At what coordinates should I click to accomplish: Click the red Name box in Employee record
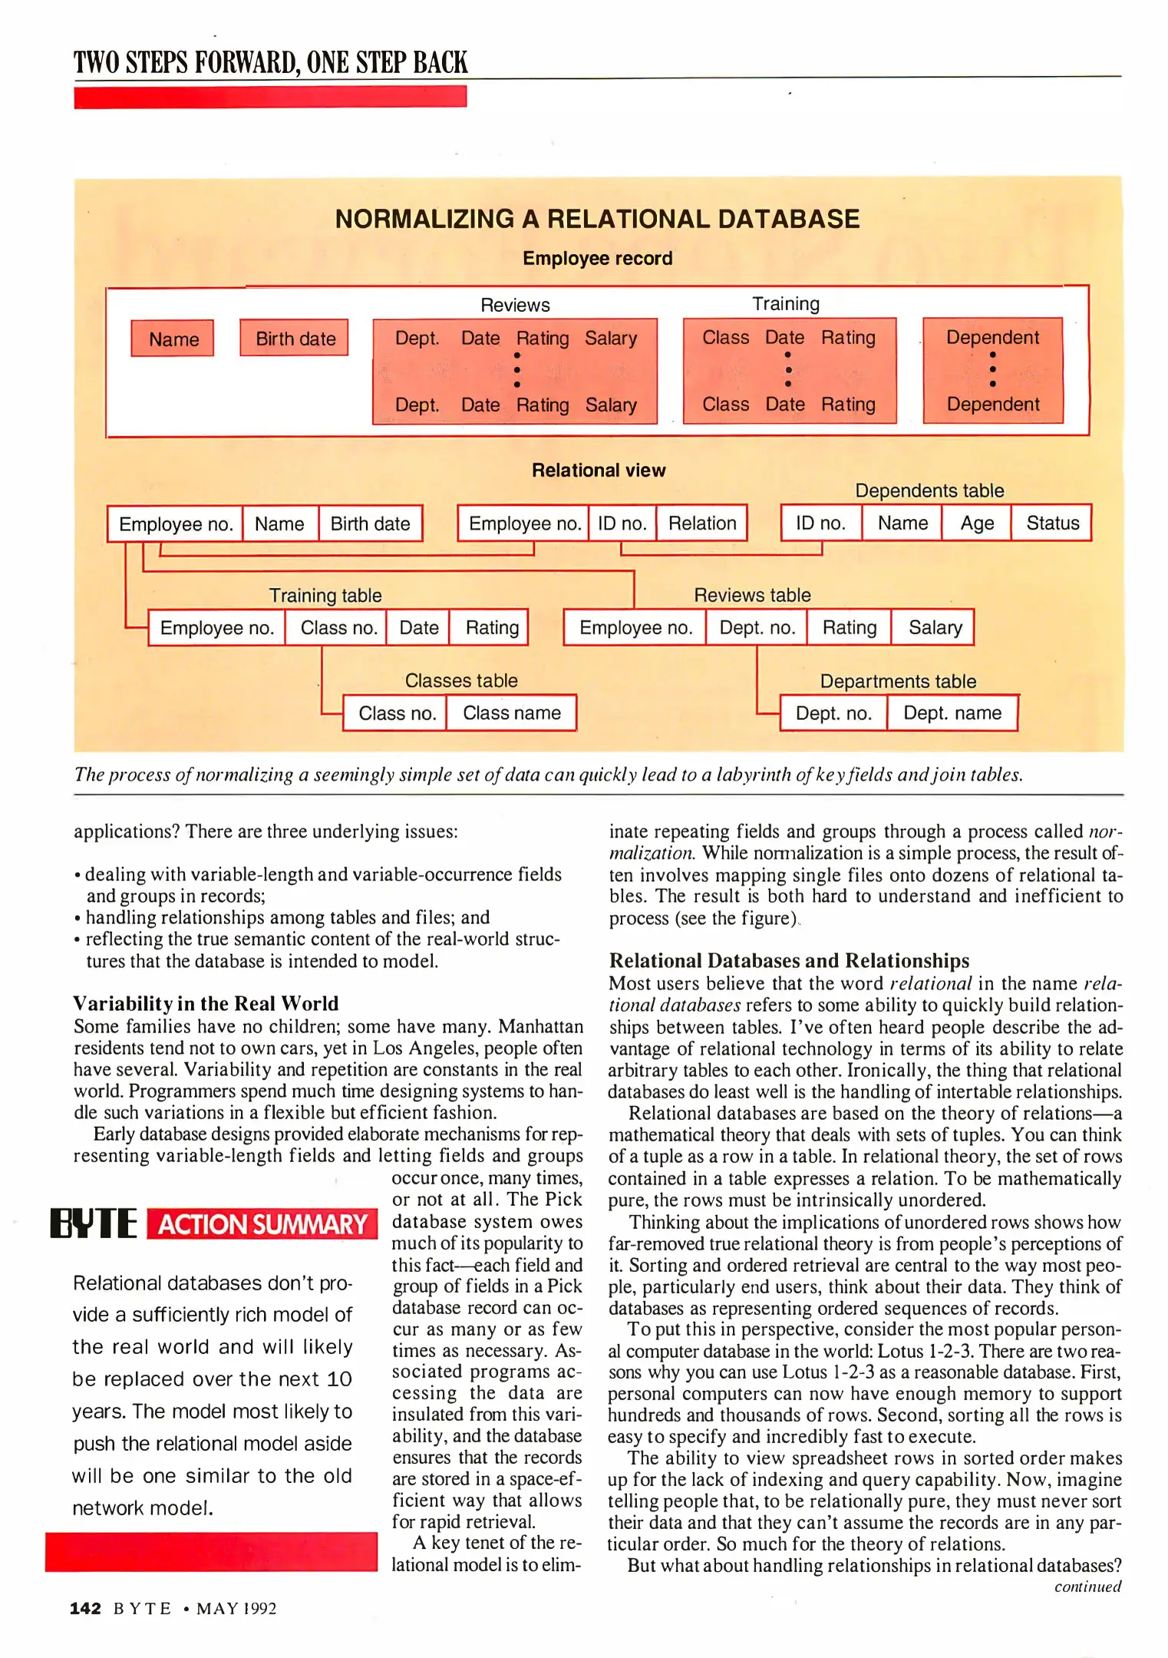pyautogui.click(x=173, y=339)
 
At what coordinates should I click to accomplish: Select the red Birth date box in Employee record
pyautogui.click(x=295, y=339)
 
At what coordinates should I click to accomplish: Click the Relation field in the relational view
pyautogui.click(x=701, y=523)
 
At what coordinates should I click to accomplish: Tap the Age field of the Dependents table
pyautogui.click(x=976, y=523)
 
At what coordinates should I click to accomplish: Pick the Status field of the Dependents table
pyautogui.click(x=1052, y=523)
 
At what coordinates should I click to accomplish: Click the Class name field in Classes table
pyautogui.click(x=511, y=713)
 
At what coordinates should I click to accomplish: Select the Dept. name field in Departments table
pyautogui.click(x=952, y=713)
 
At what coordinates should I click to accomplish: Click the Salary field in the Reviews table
pyautogui.click(x=934, y=628)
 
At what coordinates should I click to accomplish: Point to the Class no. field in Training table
pyautogui.click(x=338, y=628)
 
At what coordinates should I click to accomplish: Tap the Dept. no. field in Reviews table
pyautogui.click(x=757, y=628)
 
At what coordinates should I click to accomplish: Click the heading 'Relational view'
pyautogui.click(x=599, y=471)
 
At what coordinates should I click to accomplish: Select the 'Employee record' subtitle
pyautogui.click(x=597, y=259)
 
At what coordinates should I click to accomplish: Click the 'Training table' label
pyautogui.click(x=325, y=596)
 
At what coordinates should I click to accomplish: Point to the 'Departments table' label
pyautogui.click(x=898, y=682)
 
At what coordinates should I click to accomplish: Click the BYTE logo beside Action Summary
pyautogui.click(x=94, y=1224)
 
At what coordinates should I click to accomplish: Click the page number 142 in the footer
pyautogui.click(x=85, y=1608)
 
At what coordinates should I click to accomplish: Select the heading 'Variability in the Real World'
pyautogui.click(x=206, y=1004)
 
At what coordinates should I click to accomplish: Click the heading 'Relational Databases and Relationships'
pyautogui.click(x=789, y=961)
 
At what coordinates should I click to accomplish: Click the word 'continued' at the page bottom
pyautogui.click(x=1087, y=1587)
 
